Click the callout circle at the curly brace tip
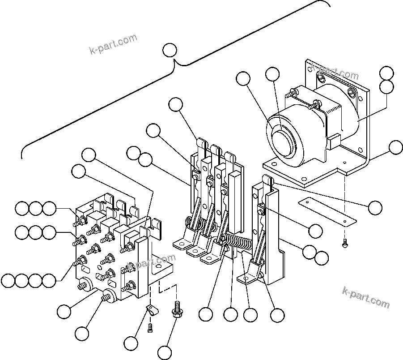point(170,50)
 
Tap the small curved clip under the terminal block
point(152,309)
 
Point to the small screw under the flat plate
point(345,244)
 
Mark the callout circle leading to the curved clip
point(131,343)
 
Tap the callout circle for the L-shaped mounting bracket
point(395,147)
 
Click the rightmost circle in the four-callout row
point(49,281)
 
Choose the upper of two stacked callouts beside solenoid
point(386,73)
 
